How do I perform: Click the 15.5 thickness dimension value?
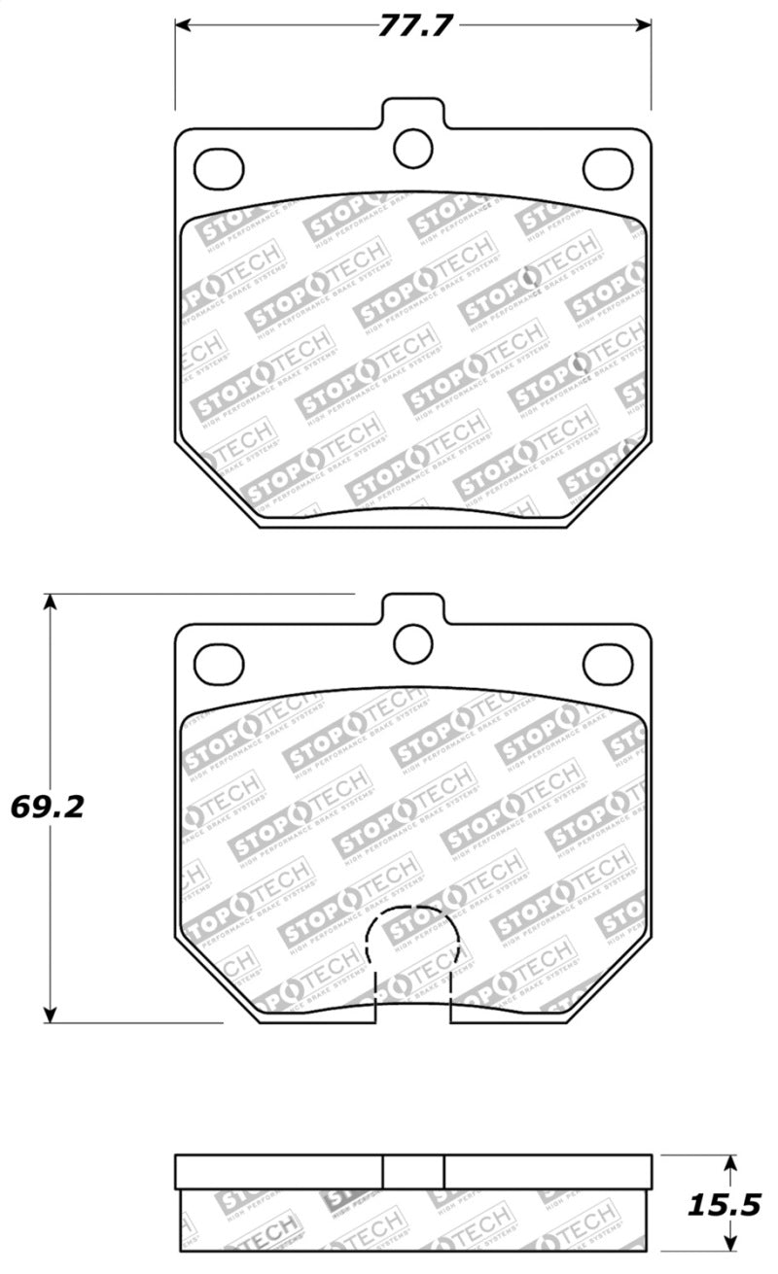click(724, 1205)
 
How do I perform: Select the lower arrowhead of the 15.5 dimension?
click(730, 1246)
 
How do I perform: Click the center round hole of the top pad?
click(412, 147)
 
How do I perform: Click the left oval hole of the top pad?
click(219, 169)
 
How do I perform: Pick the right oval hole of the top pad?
click(607, 169)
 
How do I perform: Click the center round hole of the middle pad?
click(412, 641)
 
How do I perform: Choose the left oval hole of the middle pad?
click(219, 664)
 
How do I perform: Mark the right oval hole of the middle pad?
click(607, 664)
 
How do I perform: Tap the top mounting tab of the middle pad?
click(412, 606)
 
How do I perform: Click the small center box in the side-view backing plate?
click(413, 1171)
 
